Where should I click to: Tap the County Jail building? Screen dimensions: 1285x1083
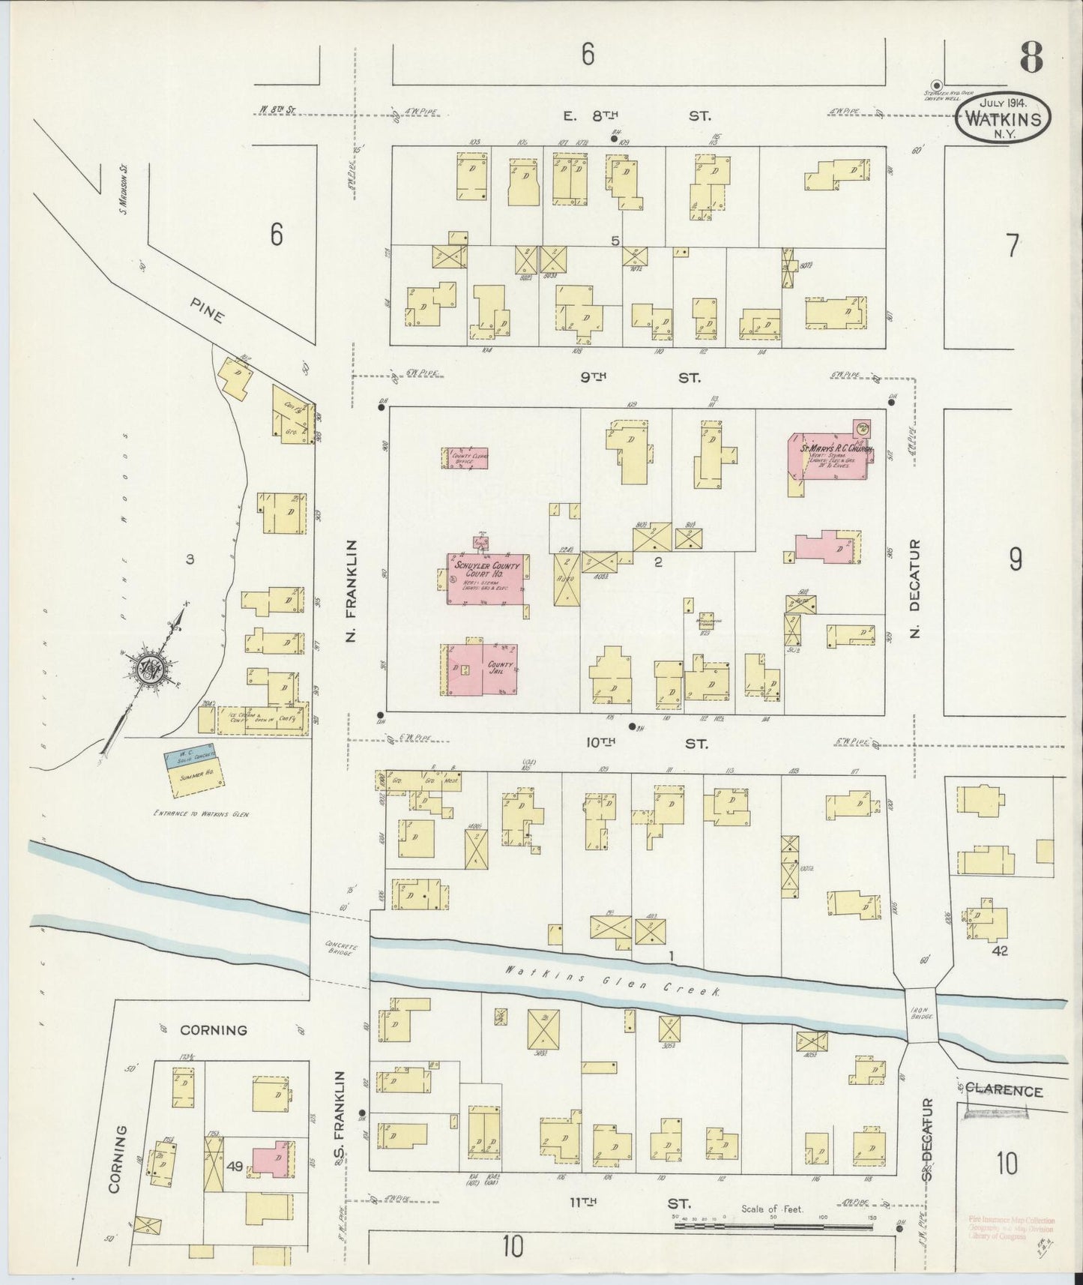tap(483, 669)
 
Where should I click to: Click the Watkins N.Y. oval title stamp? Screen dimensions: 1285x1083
tap(1003, 119)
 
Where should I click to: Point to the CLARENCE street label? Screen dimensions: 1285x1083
tap(1004, 1090)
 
